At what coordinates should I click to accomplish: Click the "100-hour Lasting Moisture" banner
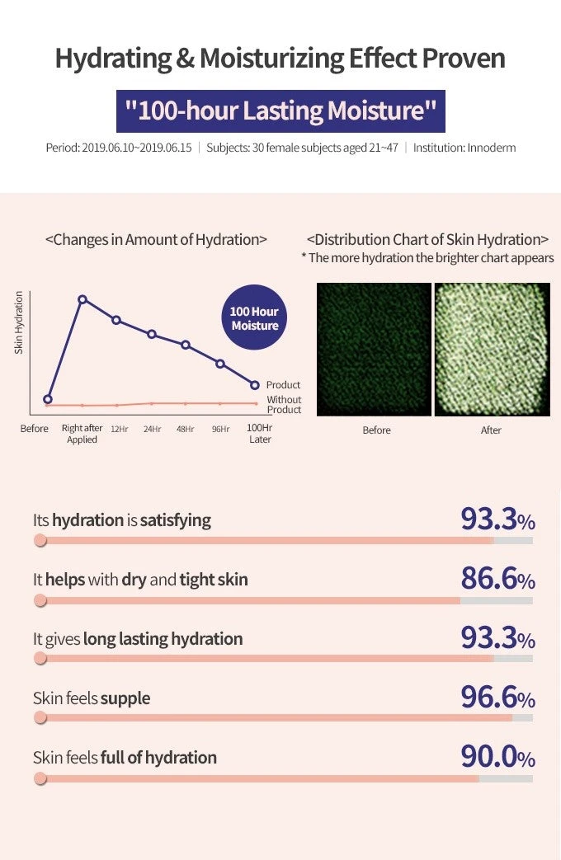[x=280, y=111]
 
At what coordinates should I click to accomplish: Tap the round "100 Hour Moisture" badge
[x=255, y=317]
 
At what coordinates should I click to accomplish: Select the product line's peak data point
[x=82, y=299]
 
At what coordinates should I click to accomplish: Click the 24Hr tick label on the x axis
[x=152, y=429]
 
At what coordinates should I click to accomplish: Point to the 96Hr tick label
[x=220, y=429]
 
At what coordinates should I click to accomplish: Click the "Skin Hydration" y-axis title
[x=19, y=322]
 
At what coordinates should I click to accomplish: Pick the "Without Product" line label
[x=284, y=405]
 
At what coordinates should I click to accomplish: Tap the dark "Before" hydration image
[x=375, y=350]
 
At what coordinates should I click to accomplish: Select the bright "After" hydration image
[x=492, y=350]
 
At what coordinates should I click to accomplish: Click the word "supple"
[x=125, y=698]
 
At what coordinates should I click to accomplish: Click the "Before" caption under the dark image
[x=376, y=430]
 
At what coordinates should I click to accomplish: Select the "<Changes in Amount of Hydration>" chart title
[x=156, y=240]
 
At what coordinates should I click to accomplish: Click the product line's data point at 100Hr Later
[x=255, y=385]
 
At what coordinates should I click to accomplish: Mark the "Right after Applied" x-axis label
[x=82, y=434]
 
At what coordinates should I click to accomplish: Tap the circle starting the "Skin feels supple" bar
[x=40, y=718]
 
